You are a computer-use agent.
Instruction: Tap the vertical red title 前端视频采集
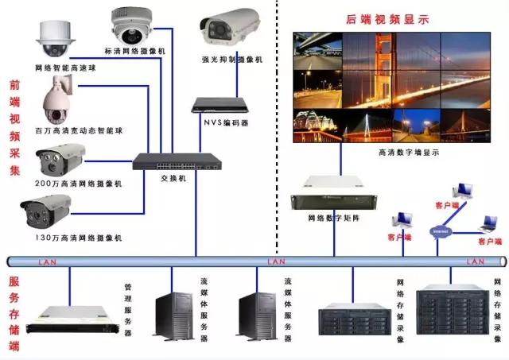[x=14, y=127]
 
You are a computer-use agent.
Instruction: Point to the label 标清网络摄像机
[x=139, y=51]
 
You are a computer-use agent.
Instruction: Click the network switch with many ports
[x=177, y=161]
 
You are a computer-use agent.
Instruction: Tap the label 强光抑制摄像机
[x=231, y=60]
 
